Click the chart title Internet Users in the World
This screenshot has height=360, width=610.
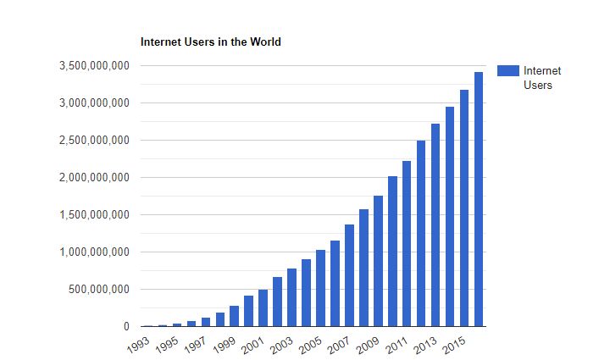pos(210,42)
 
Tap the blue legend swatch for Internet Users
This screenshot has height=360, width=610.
pos(508,71)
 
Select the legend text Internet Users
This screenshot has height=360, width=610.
pos(542,78)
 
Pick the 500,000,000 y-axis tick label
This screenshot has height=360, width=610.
pos(99,290)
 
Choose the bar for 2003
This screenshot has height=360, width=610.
pos(291,297)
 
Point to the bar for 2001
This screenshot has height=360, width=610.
pos(263,308)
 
